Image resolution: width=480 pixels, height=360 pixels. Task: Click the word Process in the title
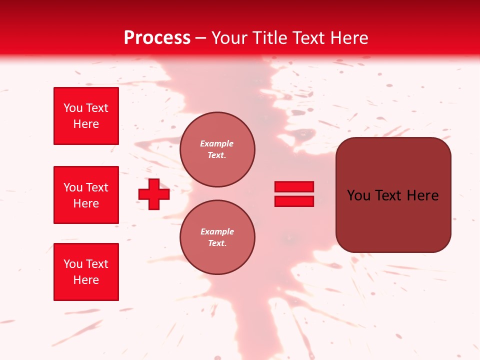click(x=157, y=38)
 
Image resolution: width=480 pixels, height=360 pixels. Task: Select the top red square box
click(x=86, y=116)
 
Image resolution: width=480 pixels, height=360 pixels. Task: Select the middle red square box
click(x=86, y=195)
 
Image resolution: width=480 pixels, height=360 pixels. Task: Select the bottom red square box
click(x=86, y=272)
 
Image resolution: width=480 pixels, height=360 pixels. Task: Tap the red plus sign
click(x=154, y=194)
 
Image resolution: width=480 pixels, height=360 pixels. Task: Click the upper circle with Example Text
click(x=217, y=149)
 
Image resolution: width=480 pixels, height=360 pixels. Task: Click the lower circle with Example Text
click(x=217, y=237)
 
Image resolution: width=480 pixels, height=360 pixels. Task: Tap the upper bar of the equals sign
click(x=294, y=186)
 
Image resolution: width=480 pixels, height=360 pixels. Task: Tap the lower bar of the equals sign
click(x=294, y=201)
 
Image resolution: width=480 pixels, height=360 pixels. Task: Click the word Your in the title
click(x=229, y=38)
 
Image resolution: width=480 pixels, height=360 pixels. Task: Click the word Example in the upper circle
click(x=217, y=143)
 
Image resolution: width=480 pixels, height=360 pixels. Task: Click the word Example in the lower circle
click(x=217, y=231)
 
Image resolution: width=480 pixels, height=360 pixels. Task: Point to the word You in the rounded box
click(x=359, y=195)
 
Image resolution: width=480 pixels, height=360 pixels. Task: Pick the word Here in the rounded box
click(x=422, y=195)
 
